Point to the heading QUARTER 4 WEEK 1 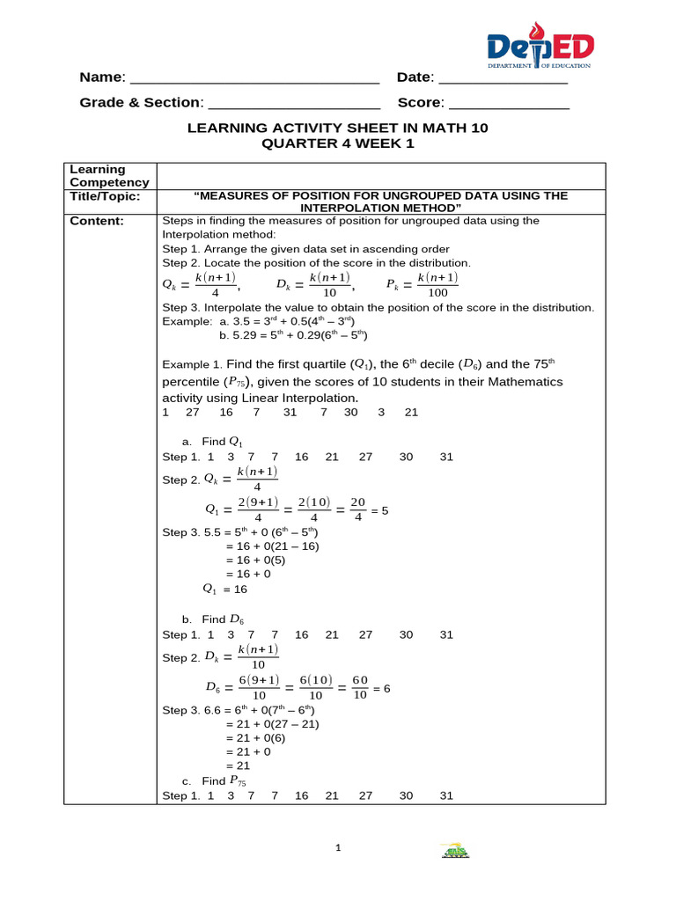(337, 144)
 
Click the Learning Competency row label (98, 176)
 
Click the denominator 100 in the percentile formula (437, 292)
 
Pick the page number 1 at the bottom (337, 848)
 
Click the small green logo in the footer (454, 851)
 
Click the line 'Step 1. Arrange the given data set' (305, 249)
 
